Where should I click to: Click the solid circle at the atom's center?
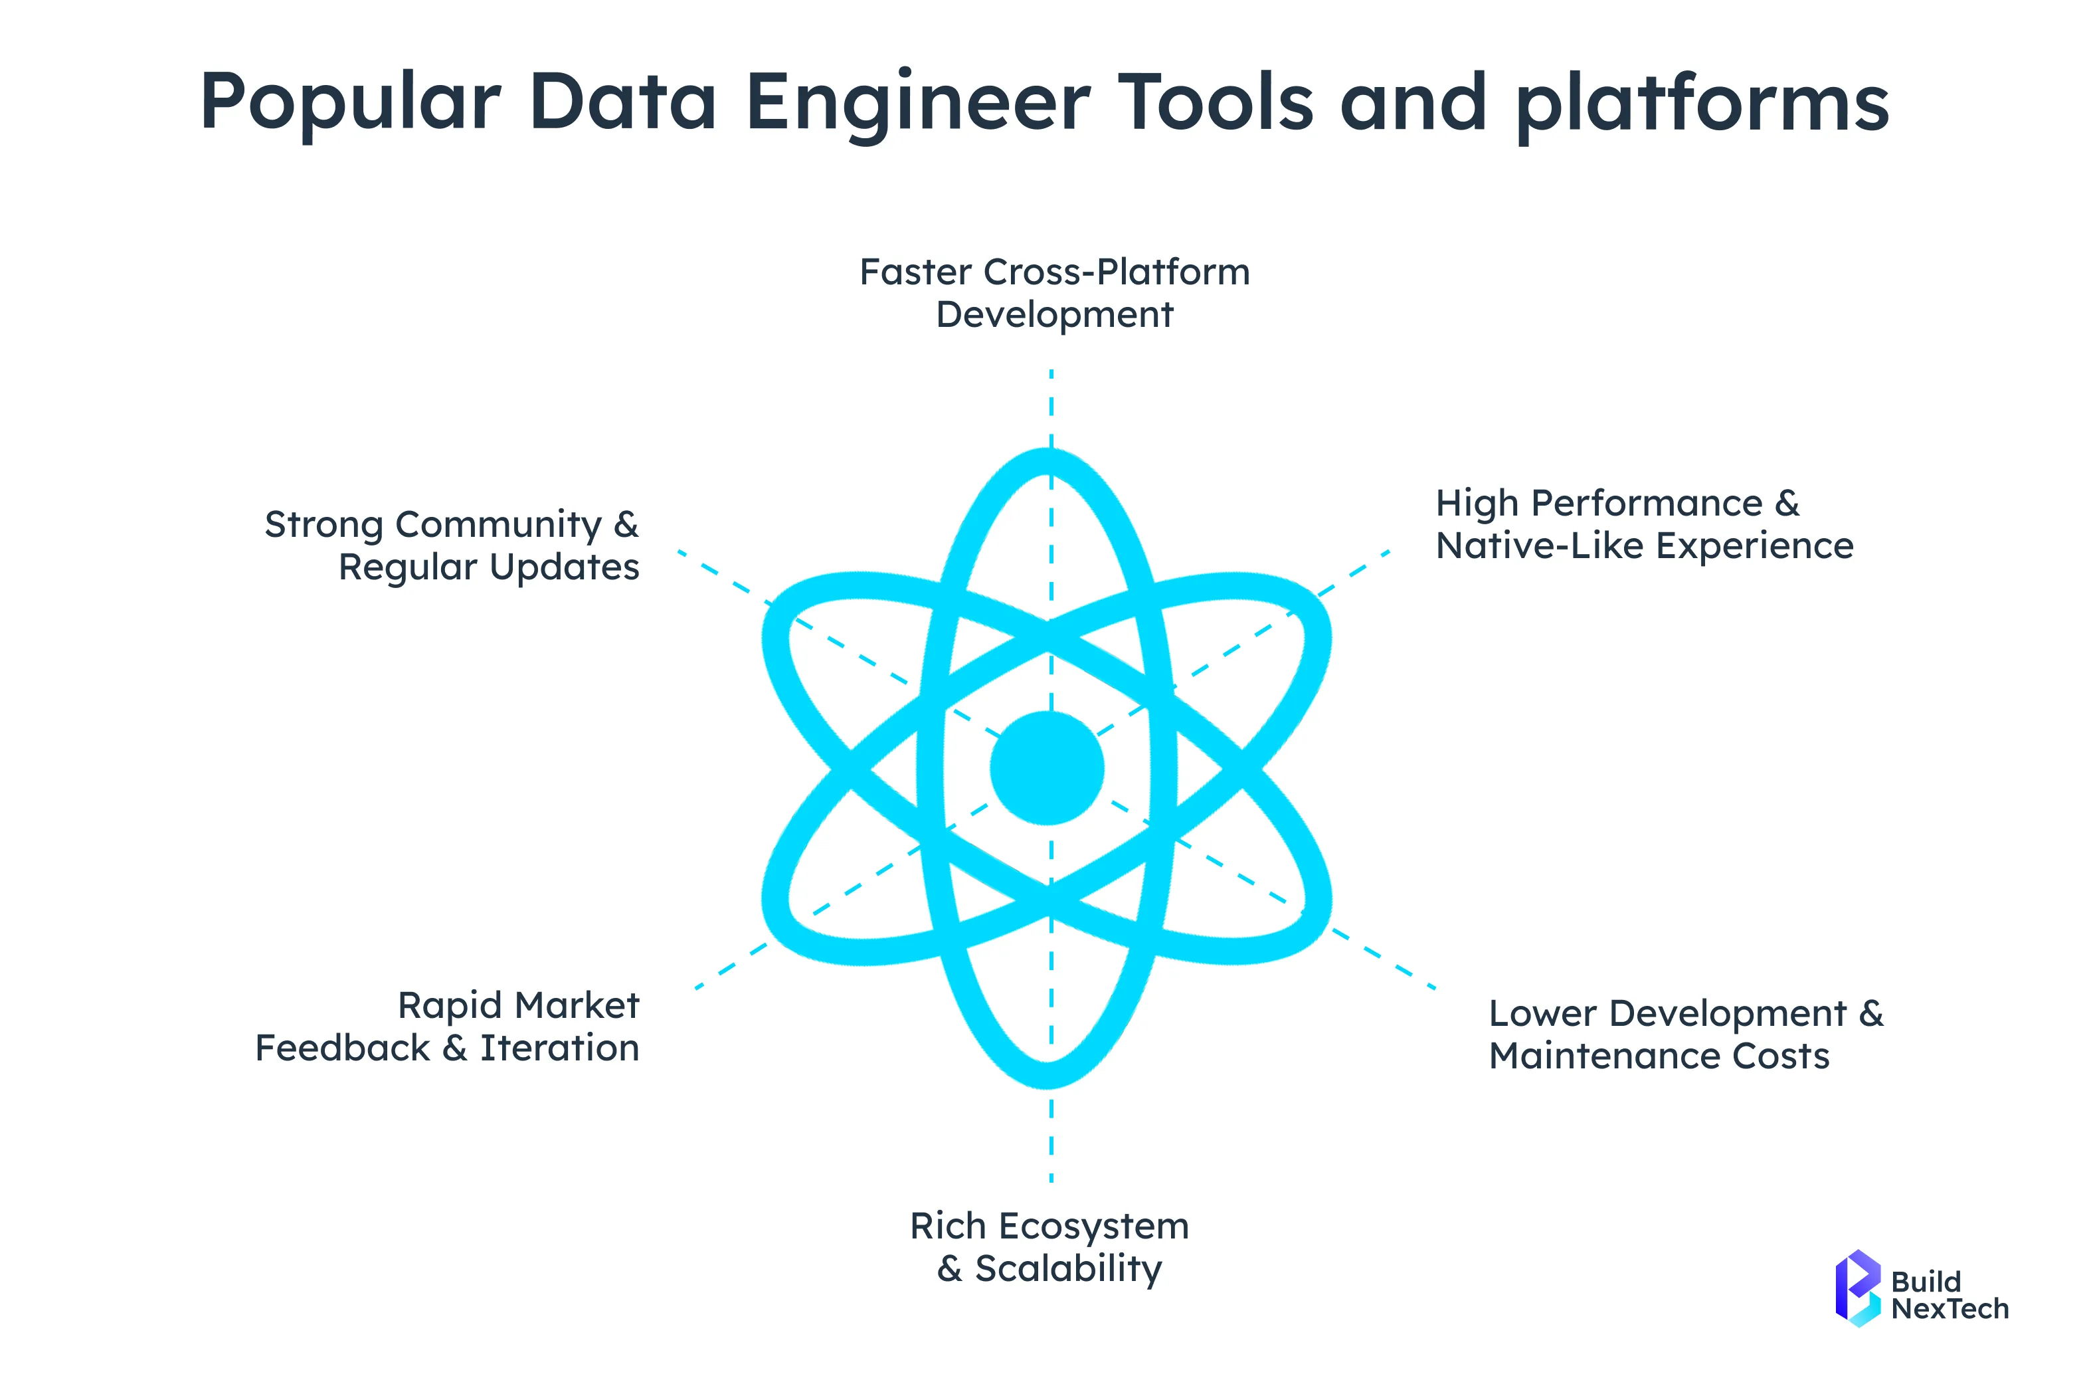click(1047, 767)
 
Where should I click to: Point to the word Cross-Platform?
click(1117, 272)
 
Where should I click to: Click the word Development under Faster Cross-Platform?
click(1054, 315)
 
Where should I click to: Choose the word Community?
click(498, 526)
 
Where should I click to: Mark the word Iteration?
click(559, 1048)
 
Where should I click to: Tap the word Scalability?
click(1068, 1269)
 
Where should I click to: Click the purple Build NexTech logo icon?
click(1857, 1288)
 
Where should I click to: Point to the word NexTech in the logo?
click(1949, 1309)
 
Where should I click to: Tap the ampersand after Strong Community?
click(626, 526)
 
